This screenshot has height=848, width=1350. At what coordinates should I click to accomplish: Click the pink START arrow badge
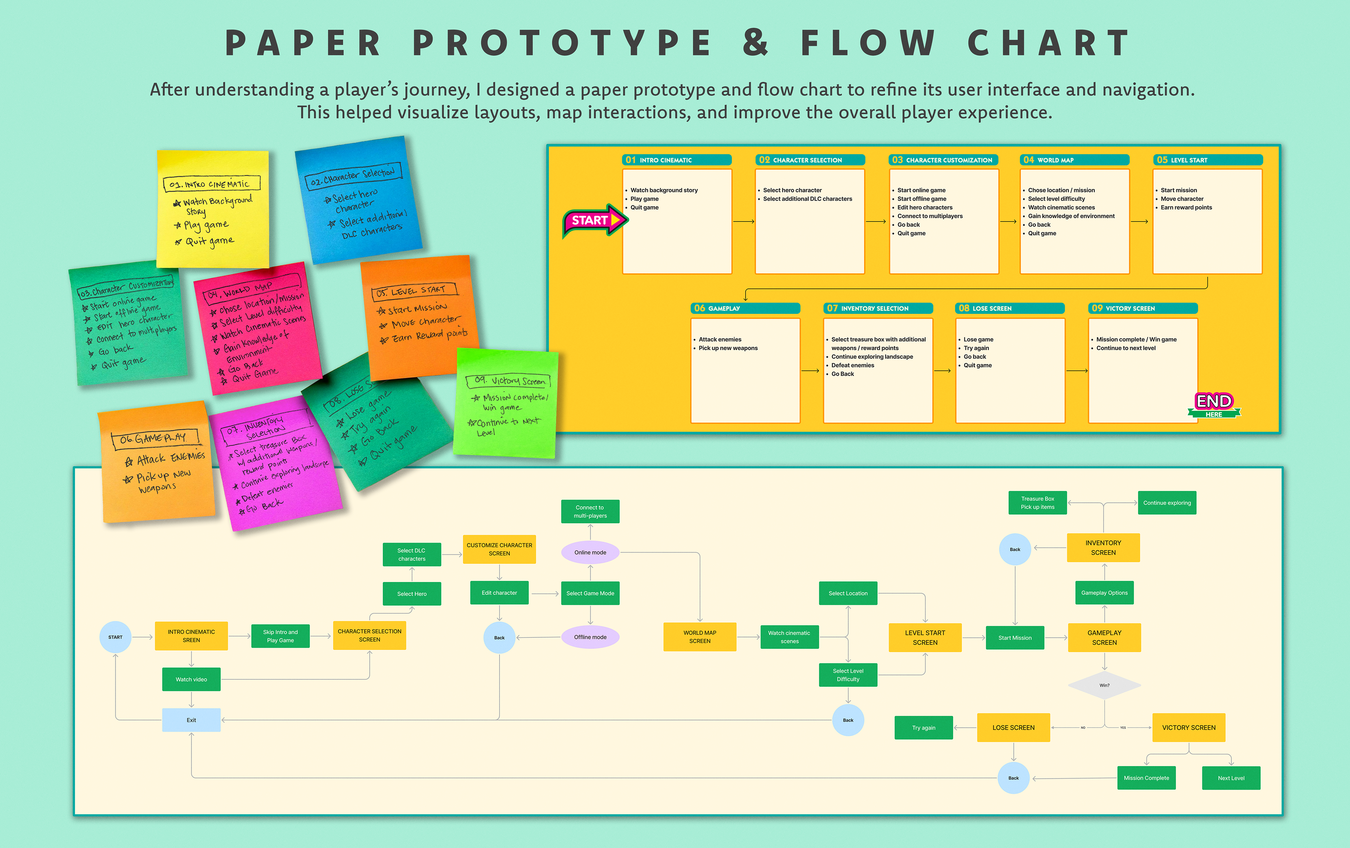tap(593, 221)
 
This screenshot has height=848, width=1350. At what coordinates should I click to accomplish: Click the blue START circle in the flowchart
tap(116, 637)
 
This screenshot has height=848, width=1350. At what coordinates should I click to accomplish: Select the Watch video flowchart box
tap(191, 679)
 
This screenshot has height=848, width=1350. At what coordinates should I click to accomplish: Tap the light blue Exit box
tap(191, 720)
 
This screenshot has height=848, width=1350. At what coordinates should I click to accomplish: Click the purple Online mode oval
tap(590, 553)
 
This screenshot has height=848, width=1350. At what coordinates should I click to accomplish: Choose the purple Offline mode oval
tap(590, 637)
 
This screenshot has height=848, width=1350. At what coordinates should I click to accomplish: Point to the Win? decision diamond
tap(1104, 685)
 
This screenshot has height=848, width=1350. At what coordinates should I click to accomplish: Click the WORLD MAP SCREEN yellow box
tap(700, 637)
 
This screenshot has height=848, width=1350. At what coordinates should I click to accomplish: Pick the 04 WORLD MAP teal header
tap(1074, 160)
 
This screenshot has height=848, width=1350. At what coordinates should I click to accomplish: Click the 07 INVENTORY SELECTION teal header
tap(878, 308)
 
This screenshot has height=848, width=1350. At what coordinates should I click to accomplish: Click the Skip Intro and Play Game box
tap(280, 636)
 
